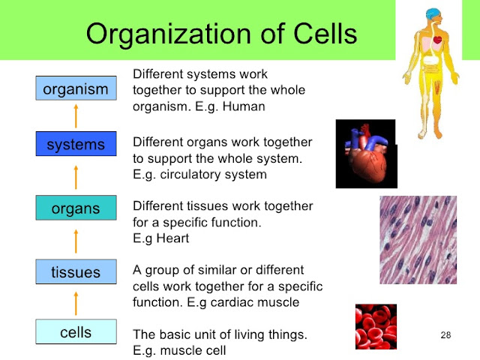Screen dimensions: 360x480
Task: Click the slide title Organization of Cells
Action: pyautogui.click(x=221, y=33)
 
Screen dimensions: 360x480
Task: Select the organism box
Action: pyautogui.click(x=76, y=89)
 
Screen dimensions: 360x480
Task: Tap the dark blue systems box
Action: pyautogui.click(x=76, y=143)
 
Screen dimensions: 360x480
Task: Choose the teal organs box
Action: pyautogui.click(x=76, y=208)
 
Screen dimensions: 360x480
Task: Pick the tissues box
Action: pyautogui.click(x=76, y=272)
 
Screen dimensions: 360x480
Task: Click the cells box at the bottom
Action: pyautogui.click(x=76, y=331)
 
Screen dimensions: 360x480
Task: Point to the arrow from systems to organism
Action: pyautogui.click(x=76, y=116)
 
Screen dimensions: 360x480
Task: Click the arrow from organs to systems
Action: pyautogui.click(x=76, y=175)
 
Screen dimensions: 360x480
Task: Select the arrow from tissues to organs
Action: pyautogui.click(x=76, y=240)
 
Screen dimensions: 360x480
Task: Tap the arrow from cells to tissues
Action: pyautogui.click(x=76, y=302)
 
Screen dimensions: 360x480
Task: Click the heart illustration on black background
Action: pyautogui.click(x=365, y=155)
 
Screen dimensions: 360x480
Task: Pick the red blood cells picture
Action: pyautogui.click(x=376, y=327)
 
